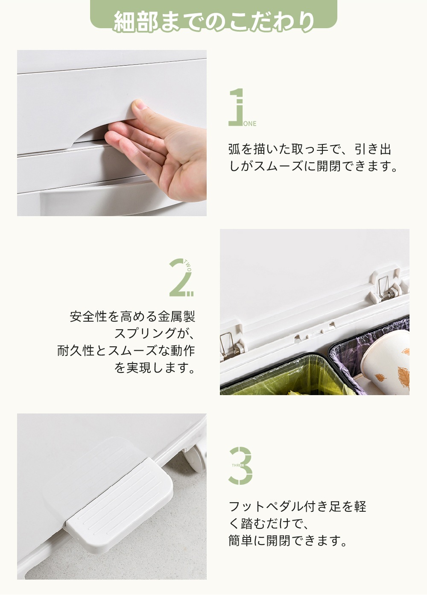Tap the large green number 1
(237, 107)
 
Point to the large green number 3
(242, 466)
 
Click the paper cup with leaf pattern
(386, 361)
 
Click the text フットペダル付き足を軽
(298, 507)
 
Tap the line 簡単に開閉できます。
(289, 541)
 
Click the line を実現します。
(155, 368)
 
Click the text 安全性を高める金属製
(132, 317)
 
